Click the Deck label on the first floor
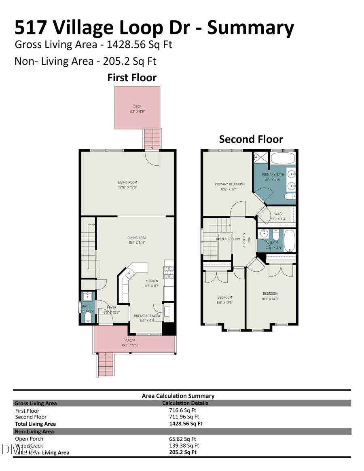pos(137,107)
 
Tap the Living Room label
pos(127,182)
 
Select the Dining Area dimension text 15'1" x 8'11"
pos(137,243)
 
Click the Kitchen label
pos(152,281)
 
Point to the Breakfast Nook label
pos(147,316)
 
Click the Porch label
pos(129,340)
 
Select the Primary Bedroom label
pos(229,184)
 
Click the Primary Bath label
pos(273,175)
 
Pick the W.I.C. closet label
pos(278,214)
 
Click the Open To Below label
pos(228,239)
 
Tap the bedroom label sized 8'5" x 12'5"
pos(224,297)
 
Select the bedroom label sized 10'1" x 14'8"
pos(270,294)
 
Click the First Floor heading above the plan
pos(132,78)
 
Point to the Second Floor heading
pos(251,139)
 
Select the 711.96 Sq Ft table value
pos(184,417)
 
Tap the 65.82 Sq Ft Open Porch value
pos(182,439)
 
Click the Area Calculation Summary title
pos(178,396)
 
